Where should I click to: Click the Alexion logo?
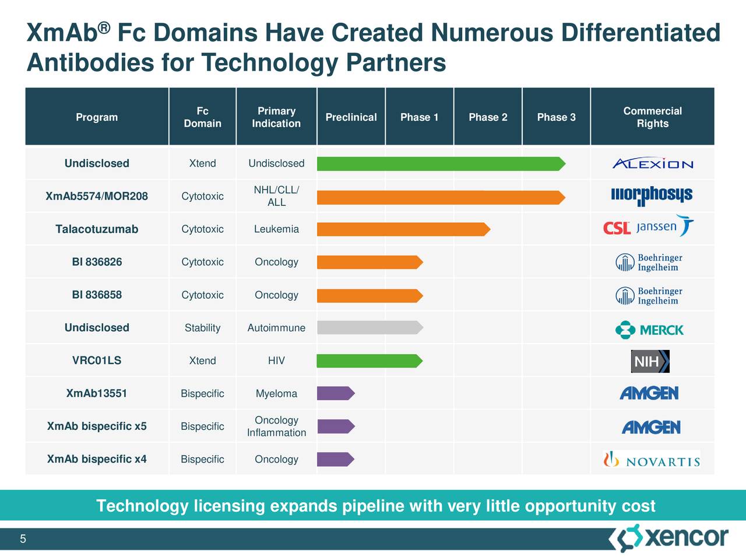pos(652,164)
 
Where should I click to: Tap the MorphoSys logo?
pos(652,196)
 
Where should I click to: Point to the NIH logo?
pos(650,362)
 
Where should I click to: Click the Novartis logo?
pos(652,460)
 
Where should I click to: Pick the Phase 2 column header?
pos(488,117)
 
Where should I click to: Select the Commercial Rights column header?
pos(652,117)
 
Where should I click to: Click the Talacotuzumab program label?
pos(97,229)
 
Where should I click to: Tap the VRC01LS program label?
pos(97,360)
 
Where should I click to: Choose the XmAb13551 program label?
pos(97,393)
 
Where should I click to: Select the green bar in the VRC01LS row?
pos(369,361)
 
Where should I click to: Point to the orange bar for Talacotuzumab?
pos(403,229)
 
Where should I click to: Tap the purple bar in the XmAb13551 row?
pos(335,394)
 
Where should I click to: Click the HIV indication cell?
pos(276,360)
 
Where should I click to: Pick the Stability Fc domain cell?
pos(202,328)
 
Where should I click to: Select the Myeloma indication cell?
pos(276,394)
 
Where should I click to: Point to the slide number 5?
pos(23,539)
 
